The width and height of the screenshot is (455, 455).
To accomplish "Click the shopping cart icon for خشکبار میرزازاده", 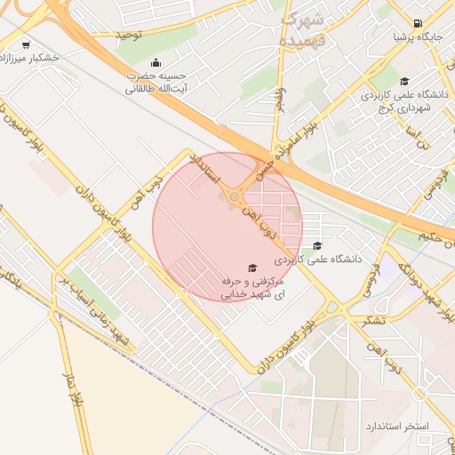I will (x=25, y=44).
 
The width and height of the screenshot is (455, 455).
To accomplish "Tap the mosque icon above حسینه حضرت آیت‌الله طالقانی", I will (x=156, y=62).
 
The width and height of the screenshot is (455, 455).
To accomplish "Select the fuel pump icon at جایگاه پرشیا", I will (x=417, y=23).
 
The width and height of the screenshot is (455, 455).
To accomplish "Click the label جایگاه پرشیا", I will (x=417, y=38).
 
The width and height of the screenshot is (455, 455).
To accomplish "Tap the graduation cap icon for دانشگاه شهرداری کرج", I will (x=404, y=81).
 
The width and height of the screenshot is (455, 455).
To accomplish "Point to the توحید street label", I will (x=130, y=35).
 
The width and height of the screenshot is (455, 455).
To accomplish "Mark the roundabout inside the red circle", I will (x=235, y=196).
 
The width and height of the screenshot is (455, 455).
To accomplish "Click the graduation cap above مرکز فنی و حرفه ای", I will (x=251, y=267).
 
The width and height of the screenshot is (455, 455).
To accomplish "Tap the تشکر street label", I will (x=374, y=320).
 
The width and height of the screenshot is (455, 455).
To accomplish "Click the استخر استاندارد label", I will (x=396, y=427).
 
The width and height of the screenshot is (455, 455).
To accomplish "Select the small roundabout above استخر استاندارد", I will (x=419, y=392).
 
